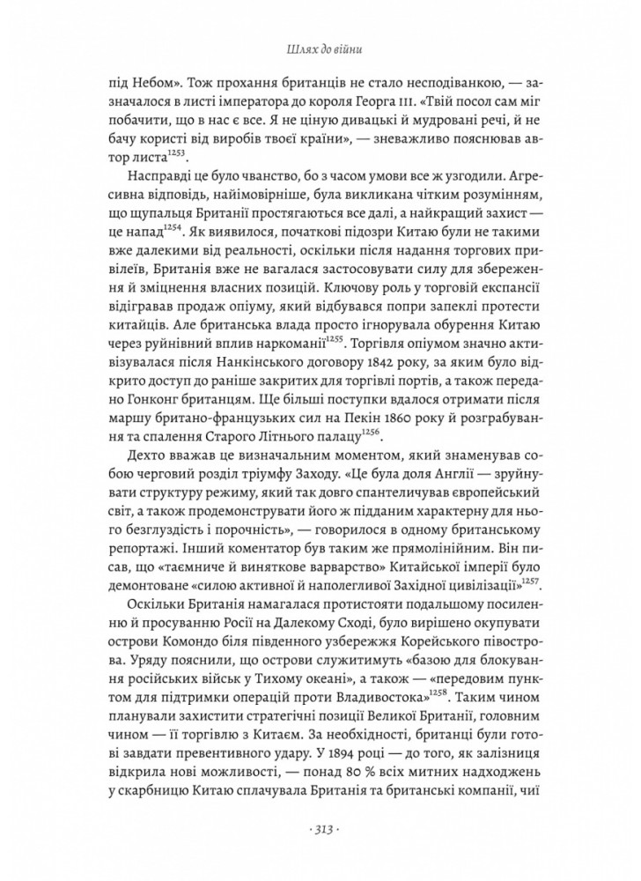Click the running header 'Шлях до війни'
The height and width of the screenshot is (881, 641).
pyautogui.click(x=320, y=49)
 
